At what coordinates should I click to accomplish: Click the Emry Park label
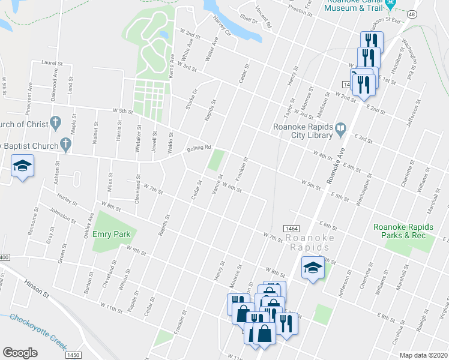click(108, 234)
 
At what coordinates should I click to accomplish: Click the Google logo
click(20, 353)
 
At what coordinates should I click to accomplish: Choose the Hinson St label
click(37, 287)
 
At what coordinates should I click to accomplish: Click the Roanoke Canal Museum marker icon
click(391, 5)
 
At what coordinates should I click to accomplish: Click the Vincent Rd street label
click(264, 17)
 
